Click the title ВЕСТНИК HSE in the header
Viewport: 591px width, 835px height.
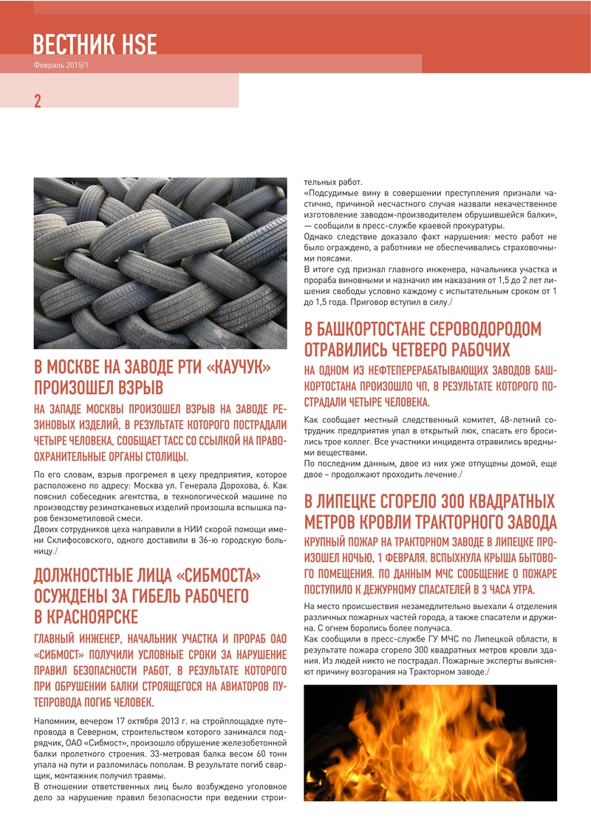point(95,44)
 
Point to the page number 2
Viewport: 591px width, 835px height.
point(37,101)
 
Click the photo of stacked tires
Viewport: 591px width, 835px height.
point(160,263)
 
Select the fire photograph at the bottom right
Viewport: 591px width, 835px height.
point(430,742)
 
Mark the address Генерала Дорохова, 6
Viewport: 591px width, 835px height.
point(226,487)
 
